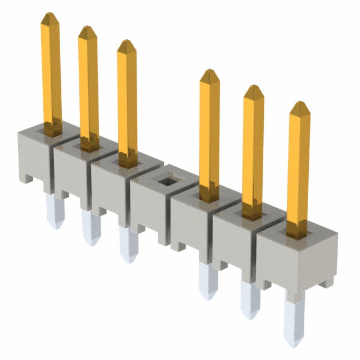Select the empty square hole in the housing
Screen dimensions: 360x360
click(x=165, y=181)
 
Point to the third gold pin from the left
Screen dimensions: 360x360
click(x=127, y=101)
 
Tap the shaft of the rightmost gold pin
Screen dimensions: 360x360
click(x=298, y=169)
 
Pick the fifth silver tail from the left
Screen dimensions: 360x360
click(x=249, y=298)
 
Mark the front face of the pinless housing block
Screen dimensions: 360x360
click(x=147, y=208)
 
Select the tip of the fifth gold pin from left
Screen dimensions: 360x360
click(x=254, y=91)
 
